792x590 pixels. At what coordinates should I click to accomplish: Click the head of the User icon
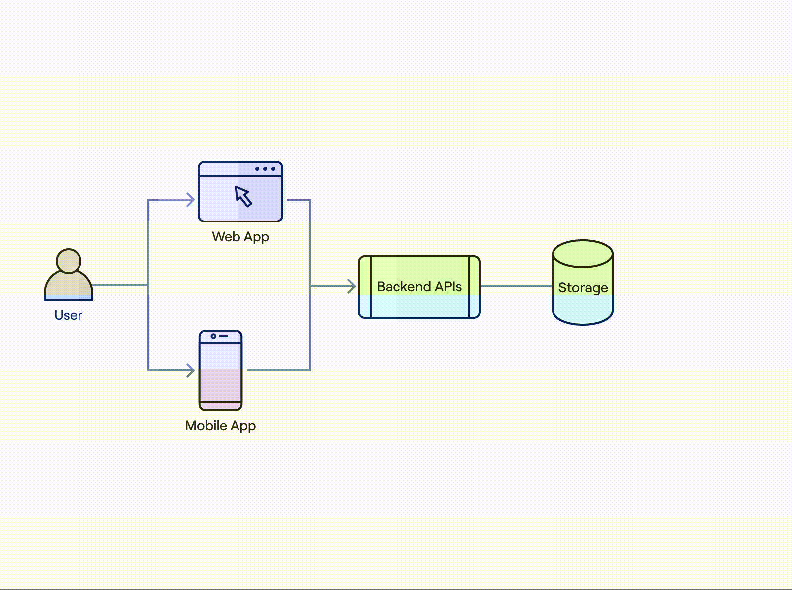[x=69, y=261]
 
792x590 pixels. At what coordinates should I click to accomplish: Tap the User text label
[x=68, y=315]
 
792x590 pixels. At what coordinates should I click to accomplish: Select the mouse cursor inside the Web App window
[x=243, y=196]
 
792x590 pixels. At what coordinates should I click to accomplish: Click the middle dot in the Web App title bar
[x=265, y=169]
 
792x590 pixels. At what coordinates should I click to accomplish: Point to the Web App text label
[x=240, y=237]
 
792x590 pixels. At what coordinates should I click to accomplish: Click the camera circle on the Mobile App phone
[x=213, y=336]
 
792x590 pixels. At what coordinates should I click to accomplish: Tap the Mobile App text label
[x=221, y=426]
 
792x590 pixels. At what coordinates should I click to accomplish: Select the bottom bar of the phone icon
[x=221, y=406]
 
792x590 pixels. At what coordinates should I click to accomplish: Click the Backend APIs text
[x=419, y=287]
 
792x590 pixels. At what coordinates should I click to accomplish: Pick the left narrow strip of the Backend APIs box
[x=365, y=287]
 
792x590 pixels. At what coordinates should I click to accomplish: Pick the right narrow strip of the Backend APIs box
[x=475, y=287]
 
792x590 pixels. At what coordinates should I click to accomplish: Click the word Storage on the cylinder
[x=583, y=288]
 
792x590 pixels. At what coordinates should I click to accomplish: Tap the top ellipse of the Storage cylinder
[x=583, y=254]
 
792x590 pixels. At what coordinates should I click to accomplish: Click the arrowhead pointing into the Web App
[x=191, y=200]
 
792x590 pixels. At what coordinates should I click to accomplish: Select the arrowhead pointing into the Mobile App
[x=191, y=370]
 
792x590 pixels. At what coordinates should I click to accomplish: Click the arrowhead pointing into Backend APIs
[x=352, y=286]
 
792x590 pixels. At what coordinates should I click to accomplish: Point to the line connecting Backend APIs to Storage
[x=517, y=286]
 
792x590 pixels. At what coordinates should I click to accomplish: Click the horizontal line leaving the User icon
[x=120, y=285]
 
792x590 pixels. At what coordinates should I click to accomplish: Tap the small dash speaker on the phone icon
[x=224, y=336]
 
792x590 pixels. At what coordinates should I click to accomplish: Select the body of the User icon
[x=69, y=287]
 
